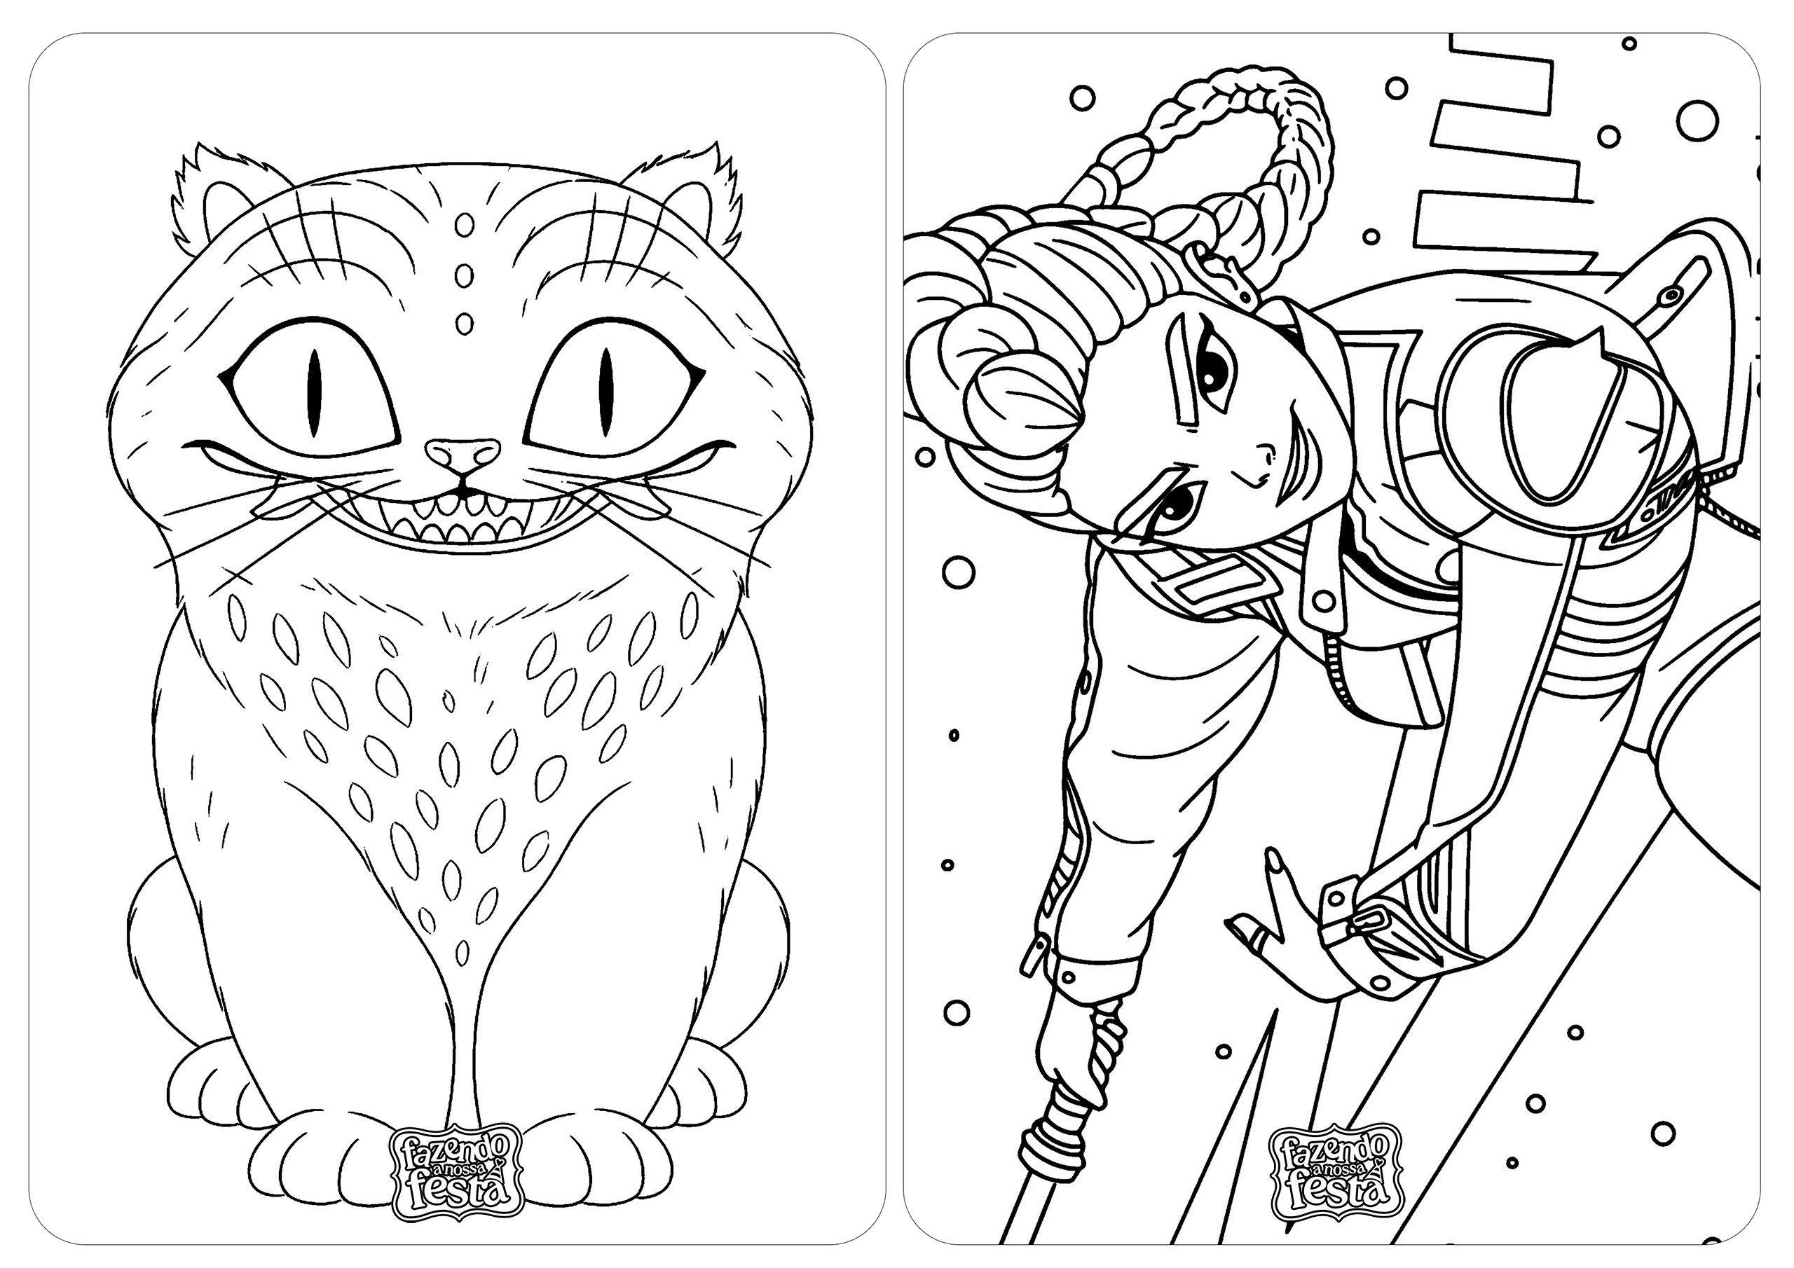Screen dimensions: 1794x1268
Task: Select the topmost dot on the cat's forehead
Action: (464, 226)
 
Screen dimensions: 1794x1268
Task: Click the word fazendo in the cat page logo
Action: (446, 1148)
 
